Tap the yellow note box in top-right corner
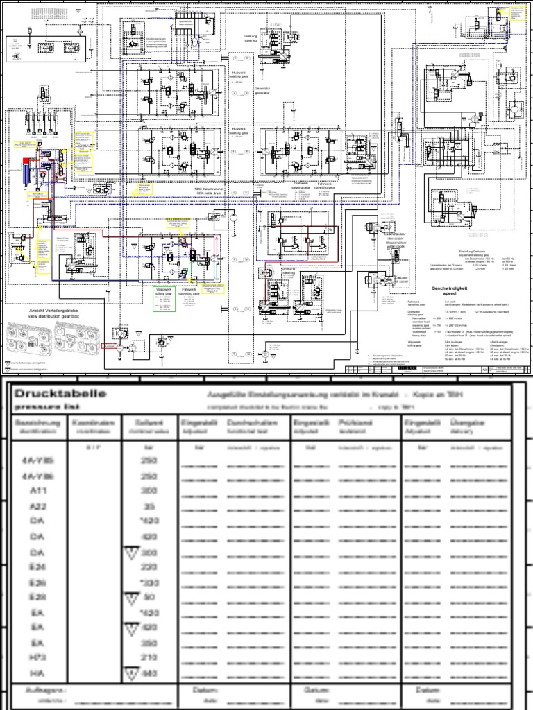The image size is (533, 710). pos(515,14)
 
